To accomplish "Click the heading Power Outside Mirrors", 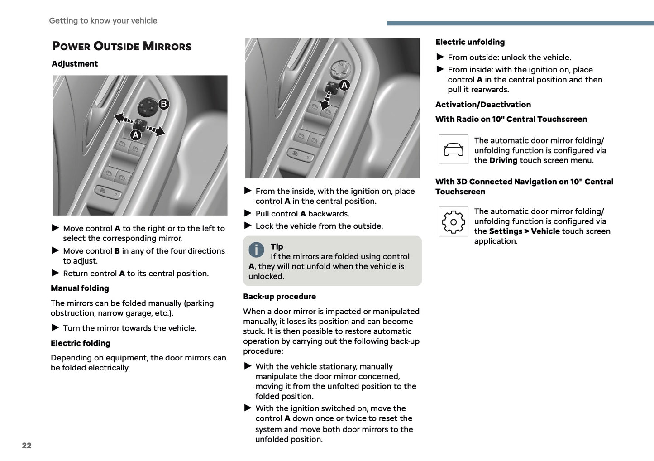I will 121,46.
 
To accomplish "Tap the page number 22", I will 27,446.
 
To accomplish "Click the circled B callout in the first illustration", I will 163,104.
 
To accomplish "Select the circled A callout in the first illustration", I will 135,135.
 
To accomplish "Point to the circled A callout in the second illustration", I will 344,85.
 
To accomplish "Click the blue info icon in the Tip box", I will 256,250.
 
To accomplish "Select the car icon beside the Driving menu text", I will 453,149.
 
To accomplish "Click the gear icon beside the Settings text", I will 453,222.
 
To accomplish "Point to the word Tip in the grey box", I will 277,247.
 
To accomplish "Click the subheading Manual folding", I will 80,288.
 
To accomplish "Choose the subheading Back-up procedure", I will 279,297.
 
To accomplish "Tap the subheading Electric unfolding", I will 470,42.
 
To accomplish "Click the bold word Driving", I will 503,161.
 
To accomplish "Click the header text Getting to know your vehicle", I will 103,21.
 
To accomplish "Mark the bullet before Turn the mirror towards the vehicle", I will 56,328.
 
